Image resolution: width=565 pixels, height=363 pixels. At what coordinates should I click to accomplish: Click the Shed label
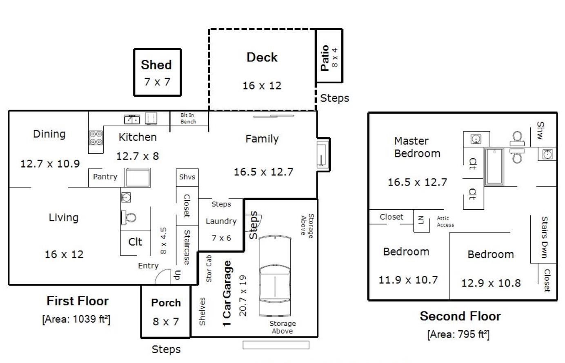156,65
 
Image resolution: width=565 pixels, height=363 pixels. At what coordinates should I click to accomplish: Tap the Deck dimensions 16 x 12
262,85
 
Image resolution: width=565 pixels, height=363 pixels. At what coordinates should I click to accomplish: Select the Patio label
325,58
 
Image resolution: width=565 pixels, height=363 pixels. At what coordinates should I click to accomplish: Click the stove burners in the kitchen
96,138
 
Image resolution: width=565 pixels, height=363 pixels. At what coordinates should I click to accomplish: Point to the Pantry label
105,177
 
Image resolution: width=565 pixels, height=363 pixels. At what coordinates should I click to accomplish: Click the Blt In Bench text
188,118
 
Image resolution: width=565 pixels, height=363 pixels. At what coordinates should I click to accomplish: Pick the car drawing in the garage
275,276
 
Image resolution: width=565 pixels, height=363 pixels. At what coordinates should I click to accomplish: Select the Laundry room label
221,221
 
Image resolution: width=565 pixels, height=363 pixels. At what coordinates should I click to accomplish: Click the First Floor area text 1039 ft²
76,319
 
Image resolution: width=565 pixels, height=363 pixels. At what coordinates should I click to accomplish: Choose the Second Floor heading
460,316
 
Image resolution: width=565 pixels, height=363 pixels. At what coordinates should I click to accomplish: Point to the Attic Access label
445,221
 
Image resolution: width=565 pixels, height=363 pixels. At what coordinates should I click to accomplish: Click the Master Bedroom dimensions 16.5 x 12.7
417,182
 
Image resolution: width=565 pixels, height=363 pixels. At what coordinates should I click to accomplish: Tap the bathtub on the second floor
494,166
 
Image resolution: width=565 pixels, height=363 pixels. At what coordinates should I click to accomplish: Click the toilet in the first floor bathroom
129,217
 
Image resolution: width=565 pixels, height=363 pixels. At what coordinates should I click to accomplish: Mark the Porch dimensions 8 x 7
166,322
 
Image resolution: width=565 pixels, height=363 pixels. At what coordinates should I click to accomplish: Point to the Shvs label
187,177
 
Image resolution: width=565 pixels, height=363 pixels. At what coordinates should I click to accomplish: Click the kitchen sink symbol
132,119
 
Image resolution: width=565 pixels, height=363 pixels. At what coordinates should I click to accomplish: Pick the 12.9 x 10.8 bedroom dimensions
491,283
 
